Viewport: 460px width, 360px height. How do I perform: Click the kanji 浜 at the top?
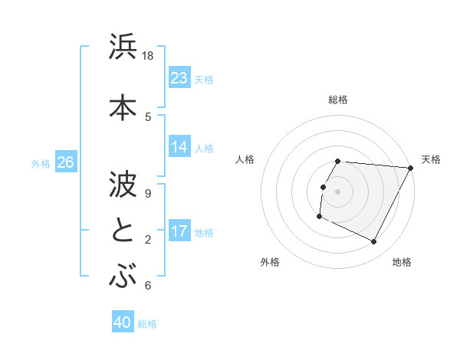coord(123,47)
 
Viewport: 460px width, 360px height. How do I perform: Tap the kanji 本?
coord(123,106)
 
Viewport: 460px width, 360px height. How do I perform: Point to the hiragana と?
coord(123,230)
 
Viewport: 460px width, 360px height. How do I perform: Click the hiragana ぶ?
coord(123,277)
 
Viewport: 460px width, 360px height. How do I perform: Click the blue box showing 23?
coord(179,78)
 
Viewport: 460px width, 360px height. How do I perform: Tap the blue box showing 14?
coord(179,147)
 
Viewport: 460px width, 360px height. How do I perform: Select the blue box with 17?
coord(179,231)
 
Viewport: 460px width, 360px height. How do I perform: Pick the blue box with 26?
coord(65,162)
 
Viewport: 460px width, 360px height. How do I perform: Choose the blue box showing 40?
coord(123,322)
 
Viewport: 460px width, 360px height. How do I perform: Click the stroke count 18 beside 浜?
coord(148,56)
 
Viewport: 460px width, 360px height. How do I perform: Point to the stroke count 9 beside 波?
coord(148,192)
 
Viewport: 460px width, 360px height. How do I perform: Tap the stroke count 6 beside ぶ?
coord(148,286)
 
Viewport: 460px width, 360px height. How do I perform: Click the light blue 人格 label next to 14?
coord(204,148)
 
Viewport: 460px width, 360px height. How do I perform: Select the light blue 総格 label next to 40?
coord(147,323)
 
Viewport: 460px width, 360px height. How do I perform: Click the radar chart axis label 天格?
coord(431,159)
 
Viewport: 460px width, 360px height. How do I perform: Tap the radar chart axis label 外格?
coord(270,262)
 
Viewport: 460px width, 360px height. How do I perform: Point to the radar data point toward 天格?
coord(410,168)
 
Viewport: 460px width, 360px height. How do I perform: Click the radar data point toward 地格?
coord(374,242)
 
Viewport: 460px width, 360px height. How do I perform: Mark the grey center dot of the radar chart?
coord(337,191)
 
